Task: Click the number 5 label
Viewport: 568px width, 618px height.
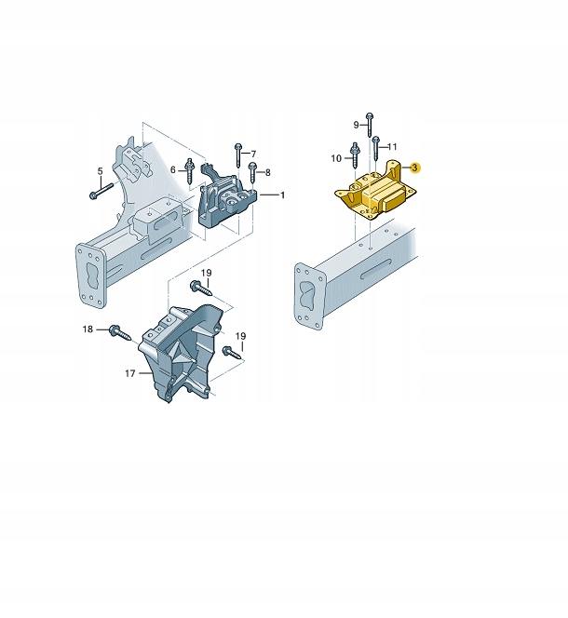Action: (x=100, y=170)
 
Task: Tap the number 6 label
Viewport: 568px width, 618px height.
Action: (x=173, y=168)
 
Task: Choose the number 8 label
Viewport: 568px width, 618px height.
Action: (x=268, y=172)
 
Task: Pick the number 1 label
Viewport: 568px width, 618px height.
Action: (x=283, y=195)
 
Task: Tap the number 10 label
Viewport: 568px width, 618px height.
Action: (x=336, y=159)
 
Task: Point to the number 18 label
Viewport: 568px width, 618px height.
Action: (x=88, y=329)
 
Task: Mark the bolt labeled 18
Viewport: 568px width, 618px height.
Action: (x=118, y=329)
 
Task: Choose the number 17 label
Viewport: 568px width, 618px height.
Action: (x=129, y=373)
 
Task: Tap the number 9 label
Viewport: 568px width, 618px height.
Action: (x=356, y=124)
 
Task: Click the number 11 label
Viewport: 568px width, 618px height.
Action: (x=392, y=146)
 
